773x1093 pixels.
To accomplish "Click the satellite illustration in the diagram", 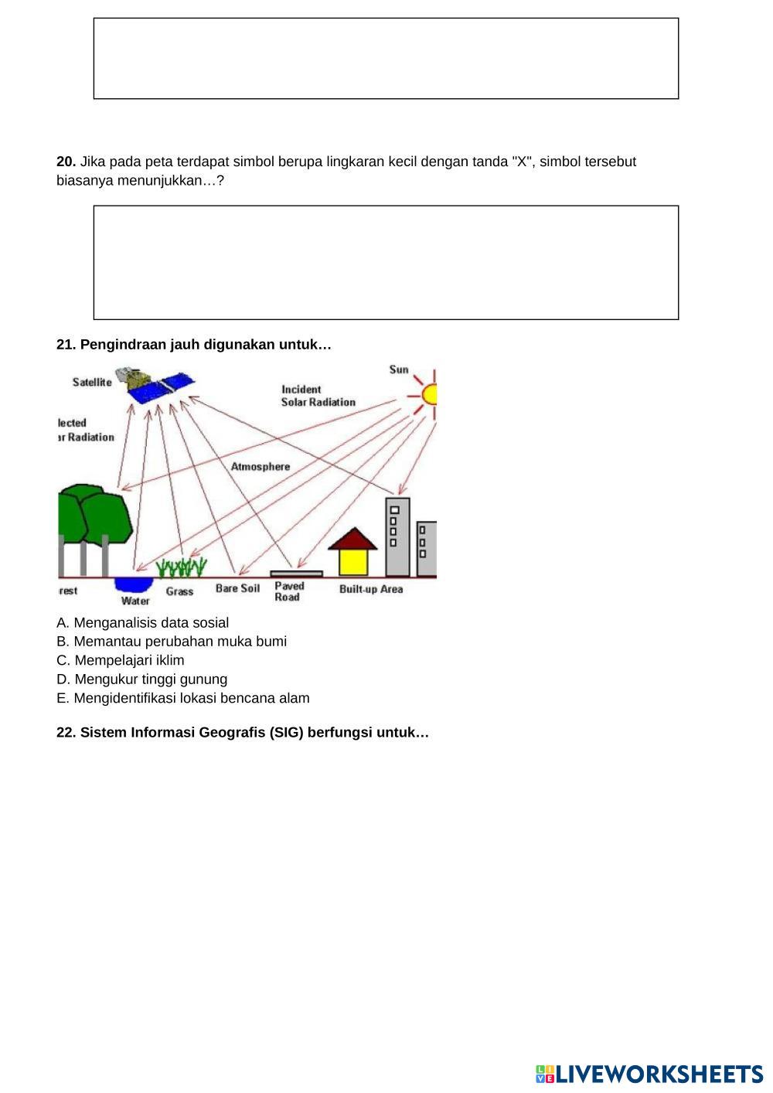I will pyautogui.click(x=161, y=385).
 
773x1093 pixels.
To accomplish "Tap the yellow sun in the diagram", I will pyautogui.click(x=430, y=394).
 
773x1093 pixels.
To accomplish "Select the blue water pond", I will pyautogui.click(x=134, y=584).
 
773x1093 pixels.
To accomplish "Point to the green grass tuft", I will pyautogui.click(x=181, y=568).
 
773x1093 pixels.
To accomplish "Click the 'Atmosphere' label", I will pyautogui.click(x=261, y=467).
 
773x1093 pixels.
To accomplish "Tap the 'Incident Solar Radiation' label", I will pyautogui.click(x=318, y=396).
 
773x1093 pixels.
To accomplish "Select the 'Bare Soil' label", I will pyautogui.click(x=237, y=589).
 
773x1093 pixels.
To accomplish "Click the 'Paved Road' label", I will pyautogui.click(x=289, y=591).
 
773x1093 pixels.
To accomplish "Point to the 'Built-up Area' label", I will pyautogui.click(x=371, y=589).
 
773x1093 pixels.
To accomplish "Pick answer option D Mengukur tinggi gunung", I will pyautogui.click(x=142, y=679).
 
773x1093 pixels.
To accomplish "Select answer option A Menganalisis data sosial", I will pyautogui.click(x=143, y=623).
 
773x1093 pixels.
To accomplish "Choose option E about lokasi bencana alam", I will pyautogui.click(x=183, y=699).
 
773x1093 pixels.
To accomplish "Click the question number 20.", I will pyautogui.click(x=66, y=162).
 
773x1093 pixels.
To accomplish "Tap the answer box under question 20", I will pyautogui.click(x=386, y=263).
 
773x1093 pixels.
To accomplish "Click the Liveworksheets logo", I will pyautogui.click(x=649, y=1074).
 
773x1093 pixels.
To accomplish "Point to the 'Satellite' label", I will pyautogui.click(x=92, y=383).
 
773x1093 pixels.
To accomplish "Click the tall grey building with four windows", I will pyautogui.click(x=397, y=537).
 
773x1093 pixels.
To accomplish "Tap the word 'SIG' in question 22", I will pyautogui.click(x=283, y=733).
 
